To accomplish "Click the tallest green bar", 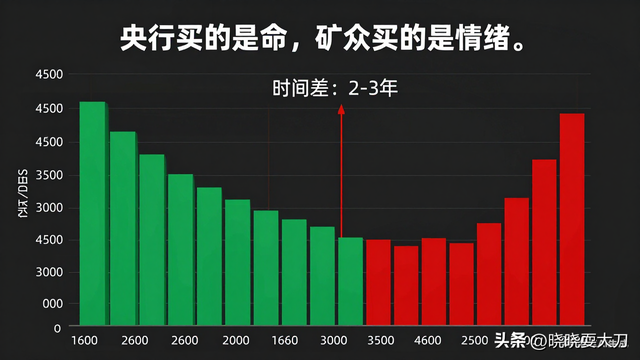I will point(92,215).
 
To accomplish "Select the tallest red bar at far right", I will point(572,220).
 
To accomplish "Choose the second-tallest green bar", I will point(122,230).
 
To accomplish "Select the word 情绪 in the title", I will point(476,39).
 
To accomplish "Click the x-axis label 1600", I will point(84,341).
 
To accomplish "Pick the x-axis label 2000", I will point(236,341).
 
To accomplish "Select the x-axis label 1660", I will point(285,341).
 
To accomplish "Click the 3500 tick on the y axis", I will point(48,175).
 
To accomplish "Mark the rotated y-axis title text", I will point(21,195).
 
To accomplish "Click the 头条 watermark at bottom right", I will point(511,340).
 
